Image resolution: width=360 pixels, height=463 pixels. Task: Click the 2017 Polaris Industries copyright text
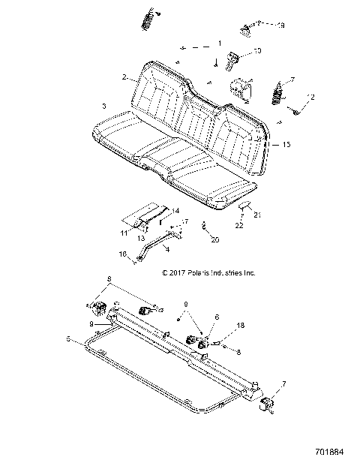click(208, 273)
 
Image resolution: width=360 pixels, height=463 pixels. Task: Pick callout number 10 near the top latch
click(256, 50)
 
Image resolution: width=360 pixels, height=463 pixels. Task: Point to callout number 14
click(176, 210)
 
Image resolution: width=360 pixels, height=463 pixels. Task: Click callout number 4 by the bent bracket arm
click(166, 248)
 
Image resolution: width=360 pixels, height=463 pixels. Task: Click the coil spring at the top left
click(149, 16)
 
